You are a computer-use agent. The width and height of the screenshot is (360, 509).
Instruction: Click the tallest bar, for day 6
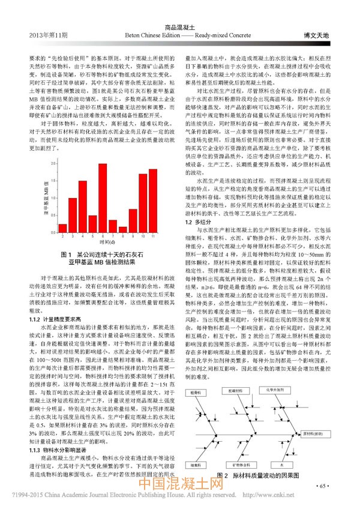click(x=103, y=198)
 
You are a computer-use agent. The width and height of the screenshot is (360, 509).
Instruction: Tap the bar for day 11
click(x=153, y=200)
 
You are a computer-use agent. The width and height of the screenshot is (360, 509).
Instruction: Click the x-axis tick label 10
click(x=143, y=236)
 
